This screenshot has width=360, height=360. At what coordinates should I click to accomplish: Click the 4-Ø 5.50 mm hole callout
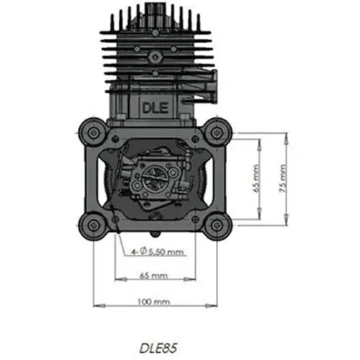click(x=158, y=252)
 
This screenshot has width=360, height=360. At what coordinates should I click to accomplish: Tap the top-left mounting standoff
click(x=91, y=133)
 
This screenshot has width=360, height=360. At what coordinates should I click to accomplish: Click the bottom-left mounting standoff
click(x=91, y=224)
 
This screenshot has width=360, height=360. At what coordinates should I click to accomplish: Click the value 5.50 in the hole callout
click(x=159, y=252)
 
